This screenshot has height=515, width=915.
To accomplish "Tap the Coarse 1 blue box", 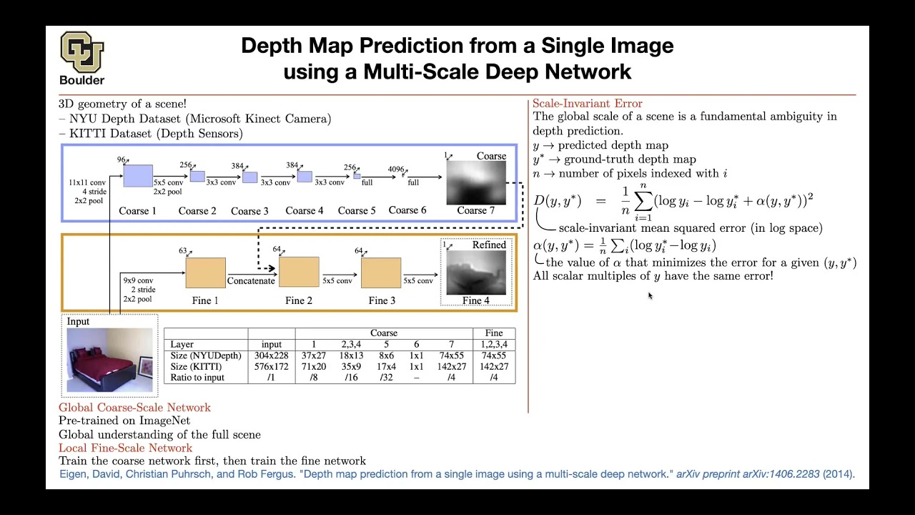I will tap(138, 175).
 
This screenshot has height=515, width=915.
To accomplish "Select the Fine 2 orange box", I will tap(299, 273).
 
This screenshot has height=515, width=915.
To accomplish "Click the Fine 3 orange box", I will tap(381, 273).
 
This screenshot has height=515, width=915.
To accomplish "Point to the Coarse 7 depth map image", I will tap(476, 182).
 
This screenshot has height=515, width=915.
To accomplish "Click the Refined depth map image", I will tap(476, 273).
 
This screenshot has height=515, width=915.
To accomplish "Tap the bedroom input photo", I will tap(110, 360).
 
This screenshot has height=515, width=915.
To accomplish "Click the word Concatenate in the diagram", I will tap(251, 281).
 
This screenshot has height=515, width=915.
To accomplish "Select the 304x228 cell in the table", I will tap(272, 355).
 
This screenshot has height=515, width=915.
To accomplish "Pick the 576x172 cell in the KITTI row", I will tap(272, 366).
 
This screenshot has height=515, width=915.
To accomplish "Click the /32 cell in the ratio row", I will tap(386, 378).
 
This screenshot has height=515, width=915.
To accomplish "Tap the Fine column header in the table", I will tap(494, 333).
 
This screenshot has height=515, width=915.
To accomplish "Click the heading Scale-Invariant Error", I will tap(588, 104).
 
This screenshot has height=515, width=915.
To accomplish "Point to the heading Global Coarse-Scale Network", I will tap(134, 408).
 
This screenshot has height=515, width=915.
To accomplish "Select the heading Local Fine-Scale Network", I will tap(125, 448).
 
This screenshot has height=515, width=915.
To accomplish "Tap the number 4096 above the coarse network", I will tap(395, 170).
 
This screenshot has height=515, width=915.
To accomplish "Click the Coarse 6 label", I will tap(407, 210).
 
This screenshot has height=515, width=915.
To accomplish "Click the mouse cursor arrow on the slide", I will tap(650, 295).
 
